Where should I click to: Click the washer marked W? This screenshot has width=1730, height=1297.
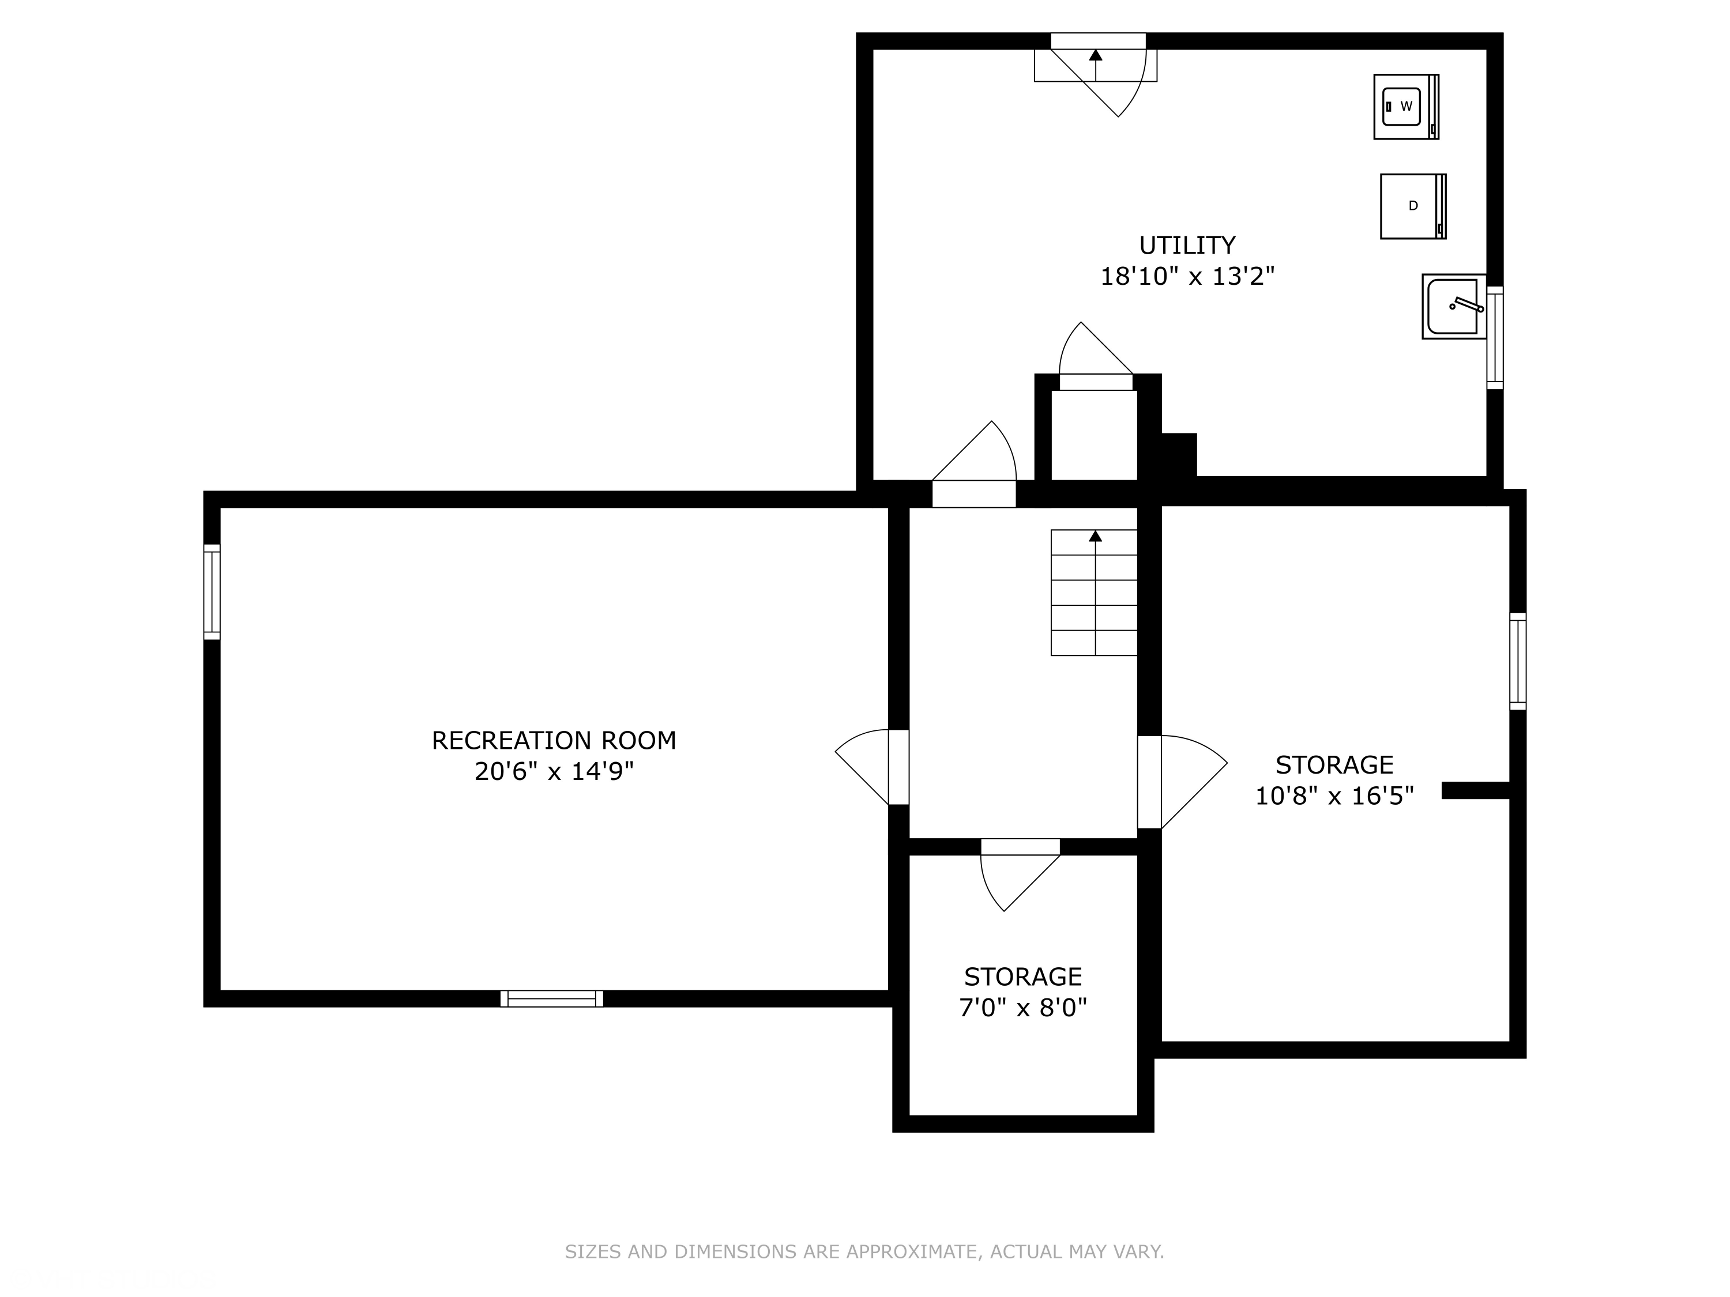pyautogui.click(x=1406, y=106)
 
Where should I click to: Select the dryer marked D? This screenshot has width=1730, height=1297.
pyautogui.click(x=1412, y=206)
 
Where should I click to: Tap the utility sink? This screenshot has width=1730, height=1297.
pyautogui.click(x=1454, y=307)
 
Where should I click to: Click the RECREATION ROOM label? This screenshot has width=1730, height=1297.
pyautogui.click(x=554, y=740)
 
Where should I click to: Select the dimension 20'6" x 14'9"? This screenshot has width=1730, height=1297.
pyautogui.click(x=554, y=772)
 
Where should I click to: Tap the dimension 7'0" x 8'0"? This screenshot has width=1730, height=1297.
pyautogui.click(x=1023, y=1008)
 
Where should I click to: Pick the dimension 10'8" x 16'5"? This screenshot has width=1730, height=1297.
pyautogui.click(x=1334, y=796)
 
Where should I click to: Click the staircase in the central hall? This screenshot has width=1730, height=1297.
pyautogui.click(x=1093, y=593)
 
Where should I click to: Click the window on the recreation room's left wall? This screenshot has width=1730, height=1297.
pyautogui.click(x=212, y=592)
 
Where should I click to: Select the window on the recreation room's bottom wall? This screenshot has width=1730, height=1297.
pyautogui.click(x=551, y=998)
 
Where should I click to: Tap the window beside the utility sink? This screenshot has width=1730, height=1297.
pyautogui.click(x=1495, y=338)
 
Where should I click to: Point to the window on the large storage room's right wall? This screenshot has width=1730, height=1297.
pyautogui.click(x=1517, y=661)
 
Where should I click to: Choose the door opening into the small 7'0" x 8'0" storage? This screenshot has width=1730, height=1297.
pyautogui.click(x=1020, y=874)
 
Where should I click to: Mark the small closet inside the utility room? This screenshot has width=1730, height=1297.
pyautogui.click(x=1093, y=435)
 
